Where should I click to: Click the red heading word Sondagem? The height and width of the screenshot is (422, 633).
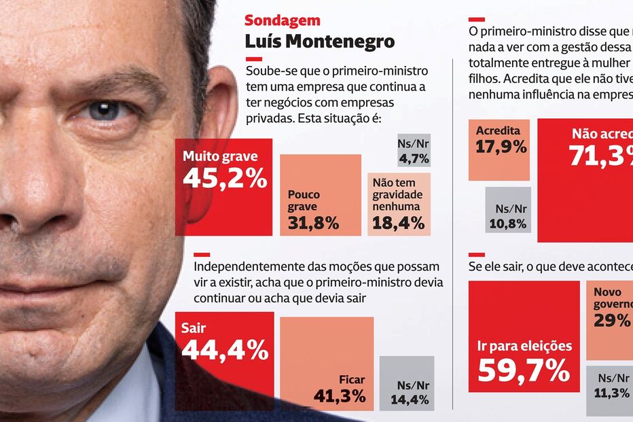click(x=282, y=21)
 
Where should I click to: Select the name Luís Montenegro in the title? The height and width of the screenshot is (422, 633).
click(x=319, y=41)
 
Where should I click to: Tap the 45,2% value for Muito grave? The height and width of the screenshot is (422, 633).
click(x=225, y=179)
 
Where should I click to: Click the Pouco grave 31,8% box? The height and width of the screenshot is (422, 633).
click(x=320, y=196)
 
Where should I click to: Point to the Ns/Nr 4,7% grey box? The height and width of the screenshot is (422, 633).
click(x=414, y=151)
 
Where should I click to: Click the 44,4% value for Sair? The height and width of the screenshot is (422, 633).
click(x=225, y=351)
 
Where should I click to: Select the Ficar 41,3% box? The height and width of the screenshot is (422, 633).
click(x=327, y=364)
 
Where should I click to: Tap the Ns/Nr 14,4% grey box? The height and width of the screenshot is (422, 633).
click(x=406, y=383)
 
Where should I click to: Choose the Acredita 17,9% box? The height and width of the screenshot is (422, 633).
click(x=499, y=150)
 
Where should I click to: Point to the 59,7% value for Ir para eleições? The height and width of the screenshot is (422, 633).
click(x=524, y=370)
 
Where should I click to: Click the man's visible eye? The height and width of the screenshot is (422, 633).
click(x=104, y=111)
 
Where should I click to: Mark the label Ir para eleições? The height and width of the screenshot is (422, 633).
click(x=524, y=346)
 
